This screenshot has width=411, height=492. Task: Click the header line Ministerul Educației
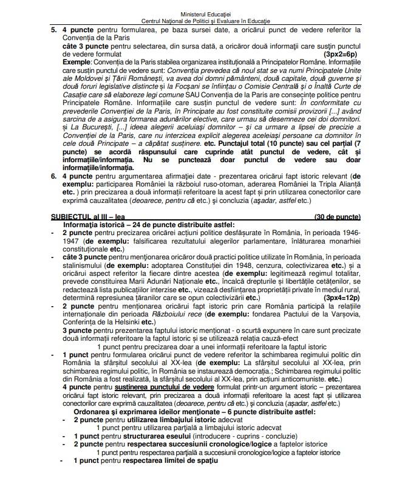tap(205, 13)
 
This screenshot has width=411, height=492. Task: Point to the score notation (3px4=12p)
tap(341, 298)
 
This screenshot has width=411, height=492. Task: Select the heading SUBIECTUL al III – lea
tap(83, 217)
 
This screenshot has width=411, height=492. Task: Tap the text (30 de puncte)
tap(338, 217)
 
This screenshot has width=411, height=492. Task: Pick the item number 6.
tap(53, 176)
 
